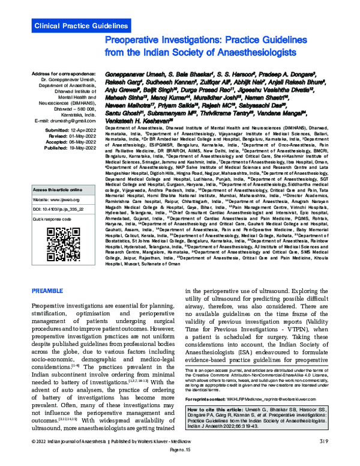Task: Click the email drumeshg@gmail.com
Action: click(x=67, y=120)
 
